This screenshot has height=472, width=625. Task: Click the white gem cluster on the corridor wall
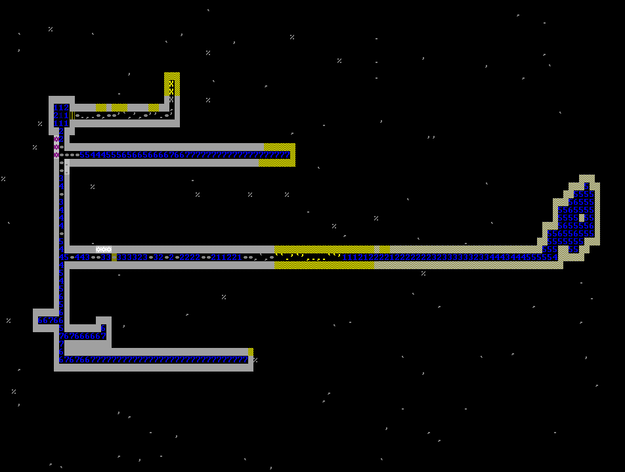(x=103, y=249)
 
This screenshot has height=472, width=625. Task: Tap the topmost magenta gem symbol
(x=56, y=139)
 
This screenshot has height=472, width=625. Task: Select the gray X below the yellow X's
(x=171, y=99)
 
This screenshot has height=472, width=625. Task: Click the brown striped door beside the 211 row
(x=72, y=116)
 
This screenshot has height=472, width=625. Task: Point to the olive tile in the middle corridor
(x=114, y=257)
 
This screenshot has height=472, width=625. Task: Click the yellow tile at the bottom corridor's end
(x=250, y=353)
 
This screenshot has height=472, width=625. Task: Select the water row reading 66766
(x=51, y=320)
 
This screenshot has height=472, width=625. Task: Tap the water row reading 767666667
(x=83, y=336)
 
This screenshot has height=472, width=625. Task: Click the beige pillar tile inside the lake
(x=581, y=218)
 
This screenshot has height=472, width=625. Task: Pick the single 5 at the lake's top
(x=586, y=186)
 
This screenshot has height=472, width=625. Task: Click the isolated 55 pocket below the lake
(x=573, y=249)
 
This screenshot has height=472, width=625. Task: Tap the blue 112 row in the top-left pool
(x=61, y=108)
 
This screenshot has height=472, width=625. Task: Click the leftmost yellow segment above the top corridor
(x=100, y=108)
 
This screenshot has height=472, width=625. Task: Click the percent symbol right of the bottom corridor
(x=255, y=360)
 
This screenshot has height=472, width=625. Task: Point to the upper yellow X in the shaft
(x=171, y=83)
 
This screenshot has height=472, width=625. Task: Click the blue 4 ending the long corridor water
(x=555, y=257)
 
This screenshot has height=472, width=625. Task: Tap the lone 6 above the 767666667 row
(x=103, y=328)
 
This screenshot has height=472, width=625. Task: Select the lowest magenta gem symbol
(x=56, y=155)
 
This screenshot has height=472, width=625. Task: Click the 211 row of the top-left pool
(x=61, y=116)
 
